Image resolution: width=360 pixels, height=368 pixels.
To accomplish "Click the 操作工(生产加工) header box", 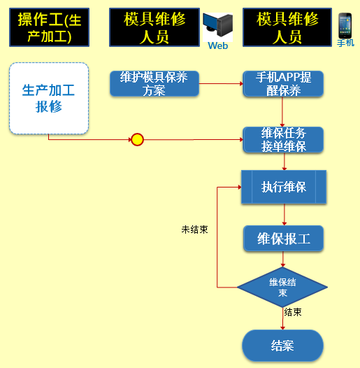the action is (x=49, y=27).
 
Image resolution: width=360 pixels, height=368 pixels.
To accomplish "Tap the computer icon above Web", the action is (x=217, y=25).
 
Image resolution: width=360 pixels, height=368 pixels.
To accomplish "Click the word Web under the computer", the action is (x=218, y=45).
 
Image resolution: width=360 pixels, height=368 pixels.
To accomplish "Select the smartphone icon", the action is (x=345, y=26).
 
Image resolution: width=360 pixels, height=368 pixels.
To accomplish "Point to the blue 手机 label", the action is (x=345, y=43).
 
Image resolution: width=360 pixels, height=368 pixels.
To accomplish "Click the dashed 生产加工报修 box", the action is (x=49, y=99).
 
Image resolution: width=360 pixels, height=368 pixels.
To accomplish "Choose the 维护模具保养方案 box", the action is (x=154, y=83).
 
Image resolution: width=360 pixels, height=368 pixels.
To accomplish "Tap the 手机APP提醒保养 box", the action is (x=283, y=83).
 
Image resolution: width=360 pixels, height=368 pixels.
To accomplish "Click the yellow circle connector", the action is (x=137, y=140).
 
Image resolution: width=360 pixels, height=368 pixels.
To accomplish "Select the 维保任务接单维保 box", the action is (x=283, y=140).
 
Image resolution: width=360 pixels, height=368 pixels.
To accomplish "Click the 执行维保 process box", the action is (x=284, y=187).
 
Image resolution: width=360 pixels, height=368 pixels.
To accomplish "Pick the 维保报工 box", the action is (x=283, y=239).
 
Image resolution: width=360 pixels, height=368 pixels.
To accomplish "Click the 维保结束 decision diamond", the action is (x=282, y=287).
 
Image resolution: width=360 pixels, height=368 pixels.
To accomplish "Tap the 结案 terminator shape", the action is (x=282, y=346).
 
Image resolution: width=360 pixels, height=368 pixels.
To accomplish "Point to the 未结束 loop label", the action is (x=194, y=229).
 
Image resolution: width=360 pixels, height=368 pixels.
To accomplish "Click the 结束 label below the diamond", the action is (x=293, y=312).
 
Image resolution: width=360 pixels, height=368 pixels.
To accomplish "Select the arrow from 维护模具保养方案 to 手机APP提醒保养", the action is (x=221, y=83).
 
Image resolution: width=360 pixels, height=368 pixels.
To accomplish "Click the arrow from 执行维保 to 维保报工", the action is (x=285, y=215).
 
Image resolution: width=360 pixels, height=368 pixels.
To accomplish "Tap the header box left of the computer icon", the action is (x=154, y=27).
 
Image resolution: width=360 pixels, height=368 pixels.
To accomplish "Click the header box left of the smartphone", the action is (x=287, y=27).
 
